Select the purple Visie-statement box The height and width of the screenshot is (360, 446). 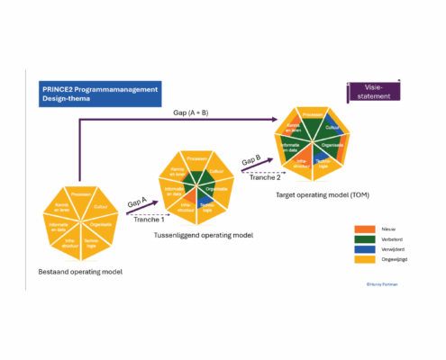click(374, 92)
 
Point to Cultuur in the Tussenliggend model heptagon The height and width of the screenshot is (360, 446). click(216, 171)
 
